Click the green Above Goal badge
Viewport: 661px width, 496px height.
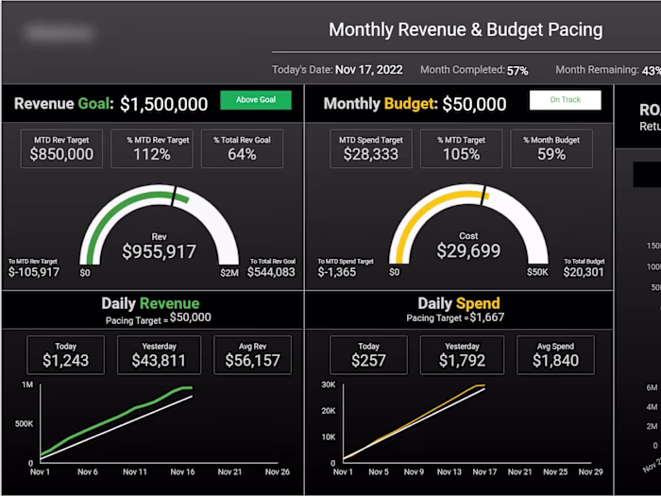[255, 100]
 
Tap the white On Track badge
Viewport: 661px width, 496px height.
[565, 100]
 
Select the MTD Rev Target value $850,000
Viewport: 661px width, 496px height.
[61, 154]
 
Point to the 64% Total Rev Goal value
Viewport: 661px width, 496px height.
[242, 154]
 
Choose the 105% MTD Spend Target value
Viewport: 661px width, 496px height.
[461, 154]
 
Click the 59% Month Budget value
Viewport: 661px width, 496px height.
[551, 154]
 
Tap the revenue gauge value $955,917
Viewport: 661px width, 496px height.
[159, 251]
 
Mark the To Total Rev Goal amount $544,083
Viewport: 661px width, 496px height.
[271, 272]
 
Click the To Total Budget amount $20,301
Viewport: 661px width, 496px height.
[584, 272]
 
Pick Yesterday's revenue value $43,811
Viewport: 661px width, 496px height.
[158, 361]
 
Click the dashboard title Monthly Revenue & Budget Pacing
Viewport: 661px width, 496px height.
[465, 29]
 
